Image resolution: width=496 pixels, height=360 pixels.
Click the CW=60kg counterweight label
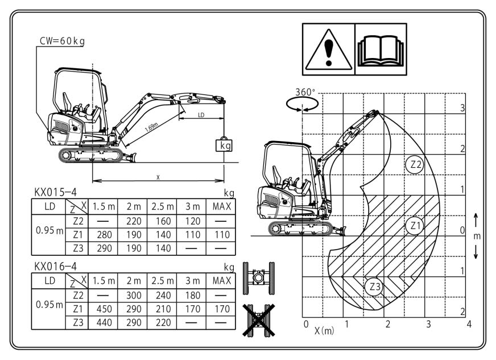(x=62, y=41)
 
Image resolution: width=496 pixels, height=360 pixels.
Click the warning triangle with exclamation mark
(x=329, y=49)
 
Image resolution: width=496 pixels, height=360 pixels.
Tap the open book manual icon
(x=381, y=51)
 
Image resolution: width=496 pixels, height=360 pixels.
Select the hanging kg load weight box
(x=224, y=146)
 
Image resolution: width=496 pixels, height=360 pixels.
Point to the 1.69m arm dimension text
(x=151, y=127)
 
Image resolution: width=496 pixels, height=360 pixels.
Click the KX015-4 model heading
(x=55, y=192)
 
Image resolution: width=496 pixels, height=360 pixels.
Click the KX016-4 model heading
(x=55, y=267)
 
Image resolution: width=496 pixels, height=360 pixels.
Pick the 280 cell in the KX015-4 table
(x=105, y=235)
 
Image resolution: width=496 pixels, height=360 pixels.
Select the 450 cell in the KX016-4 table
(x=105, y=309)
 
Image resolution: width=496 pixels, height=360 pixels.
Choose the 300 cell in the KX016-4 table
(x=134, y=295)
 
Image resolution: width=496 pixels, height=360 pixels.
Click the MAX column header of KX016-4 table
(x=222, y=280)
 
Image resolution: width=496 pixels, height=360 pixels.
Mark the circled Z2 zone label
(x=415, y=164)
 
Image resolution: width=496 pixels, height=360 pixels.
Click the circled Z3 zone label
(x=374, y=287)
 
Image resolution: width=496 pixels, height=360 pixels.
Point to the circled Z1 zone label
(x=415, y=226)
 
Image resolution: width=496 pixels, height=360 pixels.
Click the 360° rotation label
(x=305, y=92)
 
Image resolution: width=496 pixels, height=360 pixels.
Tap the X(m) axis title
(x=324, y=330)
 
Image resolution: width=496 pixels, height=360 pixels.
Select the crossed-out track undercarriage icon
(x=258, y=320)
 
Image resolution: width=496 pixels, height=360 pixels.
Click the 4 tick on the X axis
(x=469, y=324)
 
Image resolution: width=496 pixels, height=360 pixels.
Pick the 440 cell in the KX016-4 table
(x=105, y=322)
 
